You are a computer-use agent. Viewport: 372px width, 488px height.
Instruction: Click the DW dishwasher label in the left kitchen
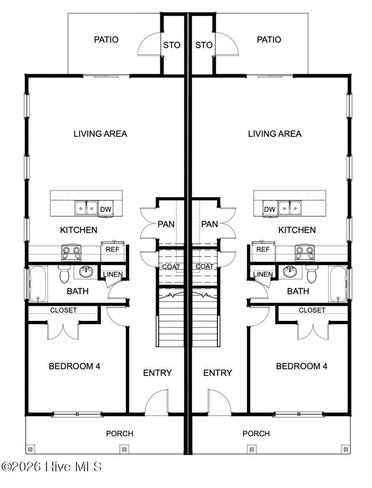point(106,209)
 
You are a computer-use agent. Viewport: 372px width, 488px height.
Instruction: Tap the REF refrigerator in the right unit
point(263,249)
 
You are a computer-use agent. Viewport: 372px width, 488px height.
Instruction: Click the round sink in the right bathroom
point(290,271)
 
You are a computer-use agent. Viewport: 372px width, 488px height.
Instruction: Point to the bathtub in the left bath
point(38,284)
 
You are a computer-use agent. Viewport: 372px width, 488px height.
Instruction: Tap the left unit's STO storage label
point(171,45)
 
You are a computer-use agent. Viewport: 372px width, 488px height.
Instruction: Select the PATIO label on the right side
point(269,40)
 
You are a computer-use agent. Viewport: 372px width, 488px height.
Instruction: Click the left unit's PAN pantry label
point(166,224)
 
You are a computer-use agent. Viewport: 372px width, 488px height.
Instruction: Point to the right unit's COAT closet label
point(205,267)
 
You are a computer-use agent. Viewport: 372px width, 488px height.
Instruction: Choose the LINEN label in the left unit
point(113,274)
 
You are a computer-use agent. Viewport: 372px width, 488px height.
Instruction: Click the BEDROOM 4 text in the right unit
point(302,366)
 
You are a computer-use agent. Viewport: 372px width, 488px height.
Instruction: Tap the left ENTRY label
point(157,373)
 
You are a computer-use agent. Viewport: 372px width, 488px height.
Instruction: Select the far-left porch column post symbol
point(30,449)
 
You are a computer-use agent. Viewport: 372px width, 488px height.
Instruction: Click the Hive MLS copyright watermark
point(52,467)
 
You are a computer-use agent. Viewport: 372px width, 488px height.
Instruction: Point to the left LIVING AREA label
point(100,134)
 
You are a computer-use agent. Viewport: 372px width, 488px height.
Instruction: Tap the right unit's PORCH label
point(256,433)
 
